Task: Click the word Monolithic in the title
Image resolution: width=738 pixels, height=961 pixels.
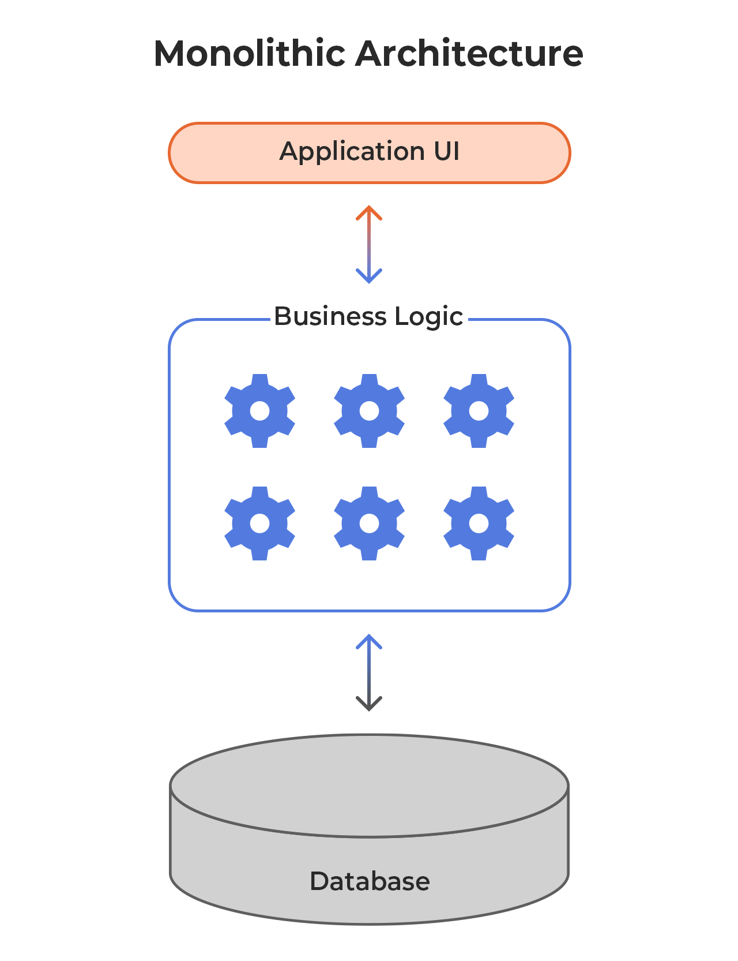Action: point(249,54)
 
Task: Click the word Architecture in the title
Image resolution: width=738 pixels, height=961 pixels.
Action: point(469,54)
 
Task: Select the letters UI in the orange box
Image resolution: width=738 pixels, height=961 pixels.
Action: point(447,152)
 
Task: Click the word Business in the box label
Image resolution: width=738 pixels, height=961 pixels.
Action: point(330,317)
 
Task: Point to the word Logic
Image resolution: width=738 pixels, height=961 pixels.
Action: point(429,317)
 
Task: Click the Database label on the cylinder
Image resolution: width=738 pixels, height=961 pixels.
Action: point(370,881)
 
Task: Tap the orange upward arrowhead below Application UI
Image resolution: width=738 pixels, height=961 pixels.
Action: point(369,212)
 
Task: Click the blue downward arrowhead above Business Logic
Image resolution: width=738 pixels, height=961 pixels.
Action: point(369,277)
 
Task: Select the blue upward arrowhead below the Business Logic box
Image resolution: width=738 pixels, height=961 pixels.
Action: point(369,641)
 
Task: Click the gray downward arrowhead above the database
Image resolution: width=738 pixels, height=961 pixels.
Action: point(369,704)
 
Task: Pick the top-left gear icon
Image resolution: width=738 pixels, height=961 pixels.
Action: point(259,411)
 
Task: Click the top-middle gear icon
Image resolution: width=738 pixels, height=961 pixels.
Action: point(369,411)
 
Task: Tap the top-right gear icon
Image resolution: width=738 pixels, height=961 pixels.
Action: point(479,411)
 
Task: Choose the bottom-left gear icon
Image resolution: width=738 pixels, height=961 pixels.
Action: point(259,523)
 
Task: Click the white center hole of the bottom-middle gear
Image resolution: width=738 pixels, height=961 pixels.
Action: point(369,523)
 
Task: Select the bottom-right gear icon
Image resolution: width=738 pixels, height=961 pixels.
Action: point(479,523)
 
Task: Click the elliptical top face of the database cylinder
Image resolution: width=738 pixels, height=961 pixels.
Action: point(369,785)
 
